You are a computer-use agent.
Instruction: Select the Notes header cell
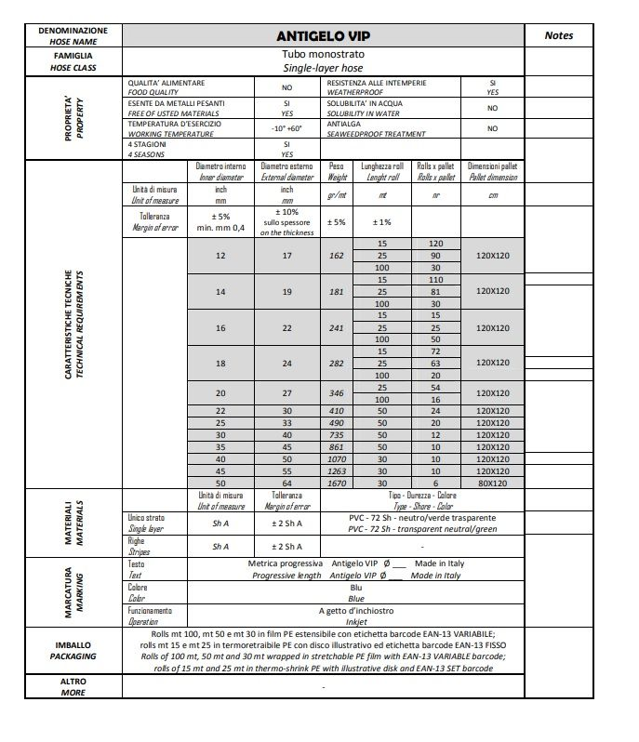558,36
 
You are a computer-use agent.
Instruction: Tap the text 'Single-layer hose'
323,68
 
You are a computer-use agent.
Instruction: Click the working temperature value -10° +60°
286,128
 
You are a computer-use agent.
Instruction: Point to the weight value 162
336,256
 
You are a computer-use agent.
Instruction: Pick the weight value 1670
336,483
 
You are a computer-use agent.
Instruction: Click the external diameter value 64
286,483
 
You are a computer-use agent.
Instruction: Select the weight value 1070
336,458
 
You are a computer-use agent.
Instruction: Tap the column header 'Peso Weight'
336,171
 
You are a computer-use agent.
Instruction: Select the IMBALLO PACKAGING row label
73,650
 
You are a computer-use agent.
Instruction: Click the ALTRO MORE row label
73,686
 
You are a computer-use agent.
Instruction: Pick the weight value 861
336,446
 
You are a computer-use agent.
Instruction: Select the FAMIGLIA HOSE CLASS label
73,61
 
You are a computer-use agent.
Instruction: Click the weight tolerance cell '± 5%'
336,222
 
